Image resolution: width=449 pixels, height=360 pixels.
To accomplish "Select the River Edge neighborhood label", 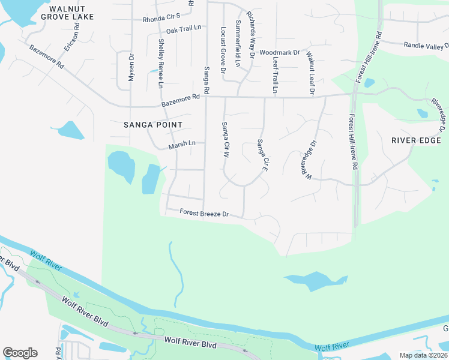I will [415, 140].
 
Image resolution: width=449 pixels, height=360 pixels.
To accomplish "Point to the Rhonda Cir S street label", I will [161, 19].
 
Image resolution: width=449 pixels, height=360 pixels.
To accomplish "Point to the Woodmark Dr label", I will [279, 53].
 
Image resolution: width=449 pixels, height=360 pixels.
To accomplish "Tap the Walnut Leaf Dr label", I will [310, 73].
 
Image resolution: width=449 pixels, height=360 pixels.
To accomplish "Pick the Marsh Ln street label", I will [182, 144].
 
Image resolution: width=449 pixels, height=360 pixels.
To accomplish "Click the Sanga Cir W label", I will [226, 140].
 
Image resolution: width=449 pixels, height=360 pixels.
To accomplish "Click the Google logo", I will [20, 353].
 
